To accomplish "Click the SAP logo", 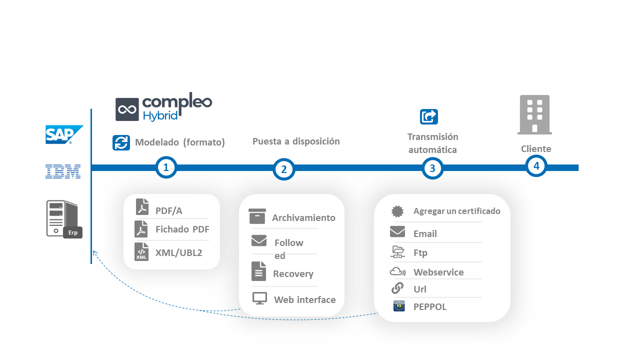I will (64, 134).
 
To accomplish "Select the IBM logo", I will (63, 171).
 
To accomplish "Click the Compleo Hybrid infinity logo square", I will (127, 109).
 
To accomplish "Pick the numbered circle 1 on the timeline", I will (166, 167).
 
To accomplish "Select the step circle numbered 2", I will (284, 169).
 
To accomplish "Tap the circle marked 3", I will (432, 168).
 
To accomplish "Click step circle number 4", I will (536, 165).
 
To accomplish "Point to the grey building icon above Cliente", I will (534, 115).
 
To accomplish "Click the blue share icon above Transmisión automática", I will (429, 116).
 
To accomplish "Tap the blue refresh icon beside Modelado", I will (121, 142).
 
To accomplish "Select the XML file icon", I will (141, 251).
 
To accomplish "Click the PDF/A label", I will (169, 211).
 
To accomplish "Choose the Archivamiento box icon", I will (257, 216).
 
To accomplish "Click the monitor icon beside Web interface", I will (259, 298).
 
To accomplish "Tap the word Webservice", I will (438, 272).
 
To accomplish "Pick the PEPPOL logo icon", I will (399, 306).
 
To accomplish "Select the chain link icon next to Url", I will (397, 288).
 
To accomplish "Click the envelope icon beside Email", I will (397, 231).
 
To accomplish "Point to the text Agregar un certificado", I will (456, 211).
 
